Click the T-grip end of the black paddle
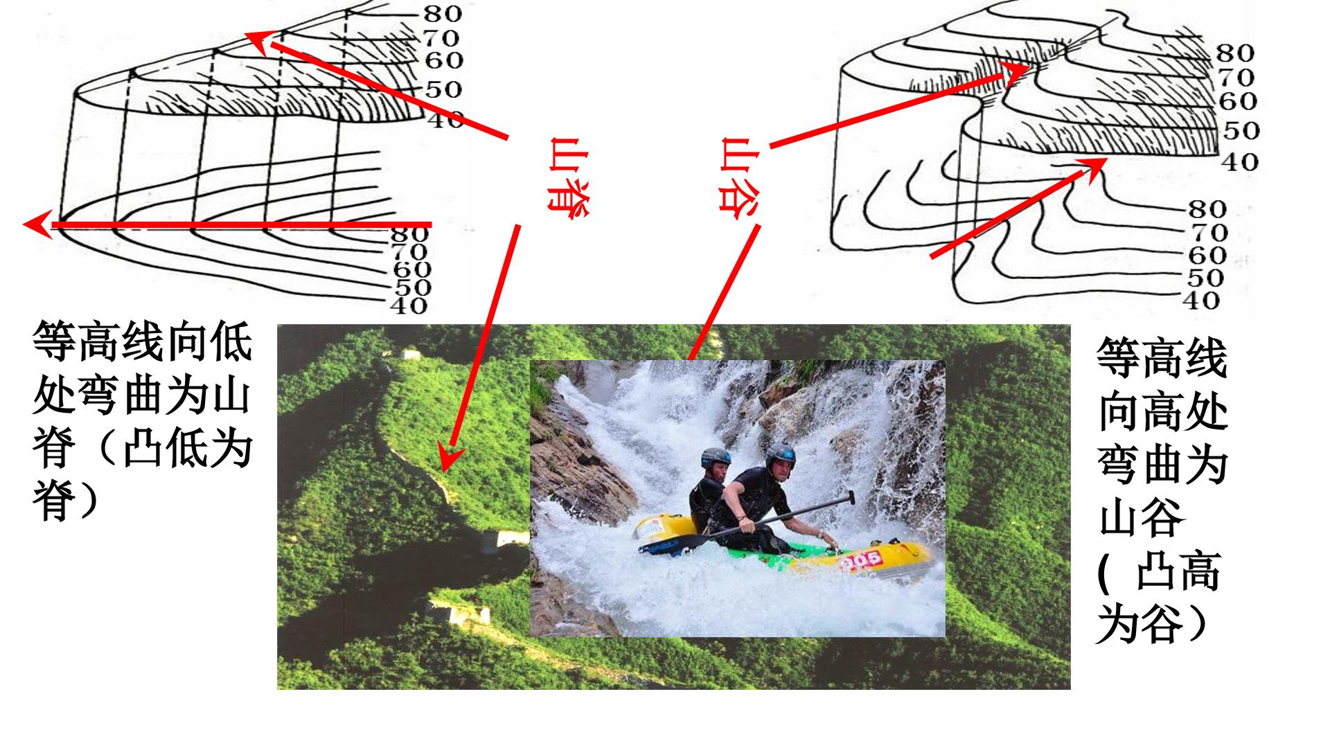[849, 497]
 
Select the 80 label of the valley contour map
[1207, 209]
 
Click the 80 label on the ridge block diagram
[443, 13]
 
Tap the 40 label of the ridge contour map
[409, 305]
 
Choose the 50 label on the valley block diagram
[1241, 130]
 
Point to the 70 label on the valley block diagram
[1236, 77]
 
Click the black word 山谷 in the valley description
[1140, 521]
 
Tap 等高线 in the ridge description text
[99, 340]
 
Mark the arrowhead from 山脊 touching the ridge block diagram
[258, 42]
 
